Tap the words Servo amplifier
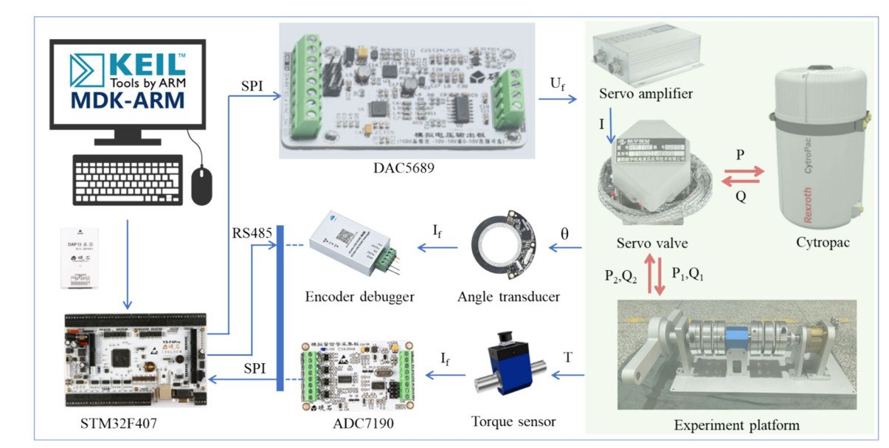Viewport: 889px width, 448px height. (646, 94)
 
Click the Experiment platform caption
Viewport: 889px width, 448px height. (738, 426)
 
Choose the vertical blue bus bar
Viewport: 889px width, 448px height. (280, 310)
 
